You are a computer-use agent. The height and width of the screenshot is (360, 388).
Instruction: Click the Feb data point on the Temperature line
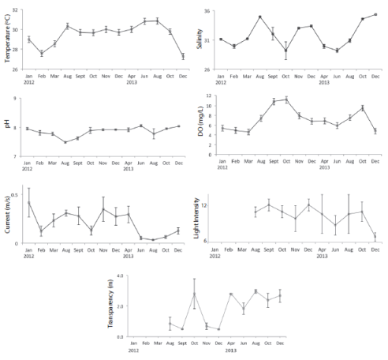pyautogui.click(x=42, y=53)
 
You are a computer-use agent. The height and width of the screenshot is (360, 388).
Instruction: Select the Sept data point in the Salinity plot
pyautogui.click(x=273, y=33)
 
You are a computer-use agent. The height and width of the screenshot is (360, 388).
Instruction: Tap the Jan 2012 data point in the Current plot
pyautogui.click(x=29, y=202)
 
